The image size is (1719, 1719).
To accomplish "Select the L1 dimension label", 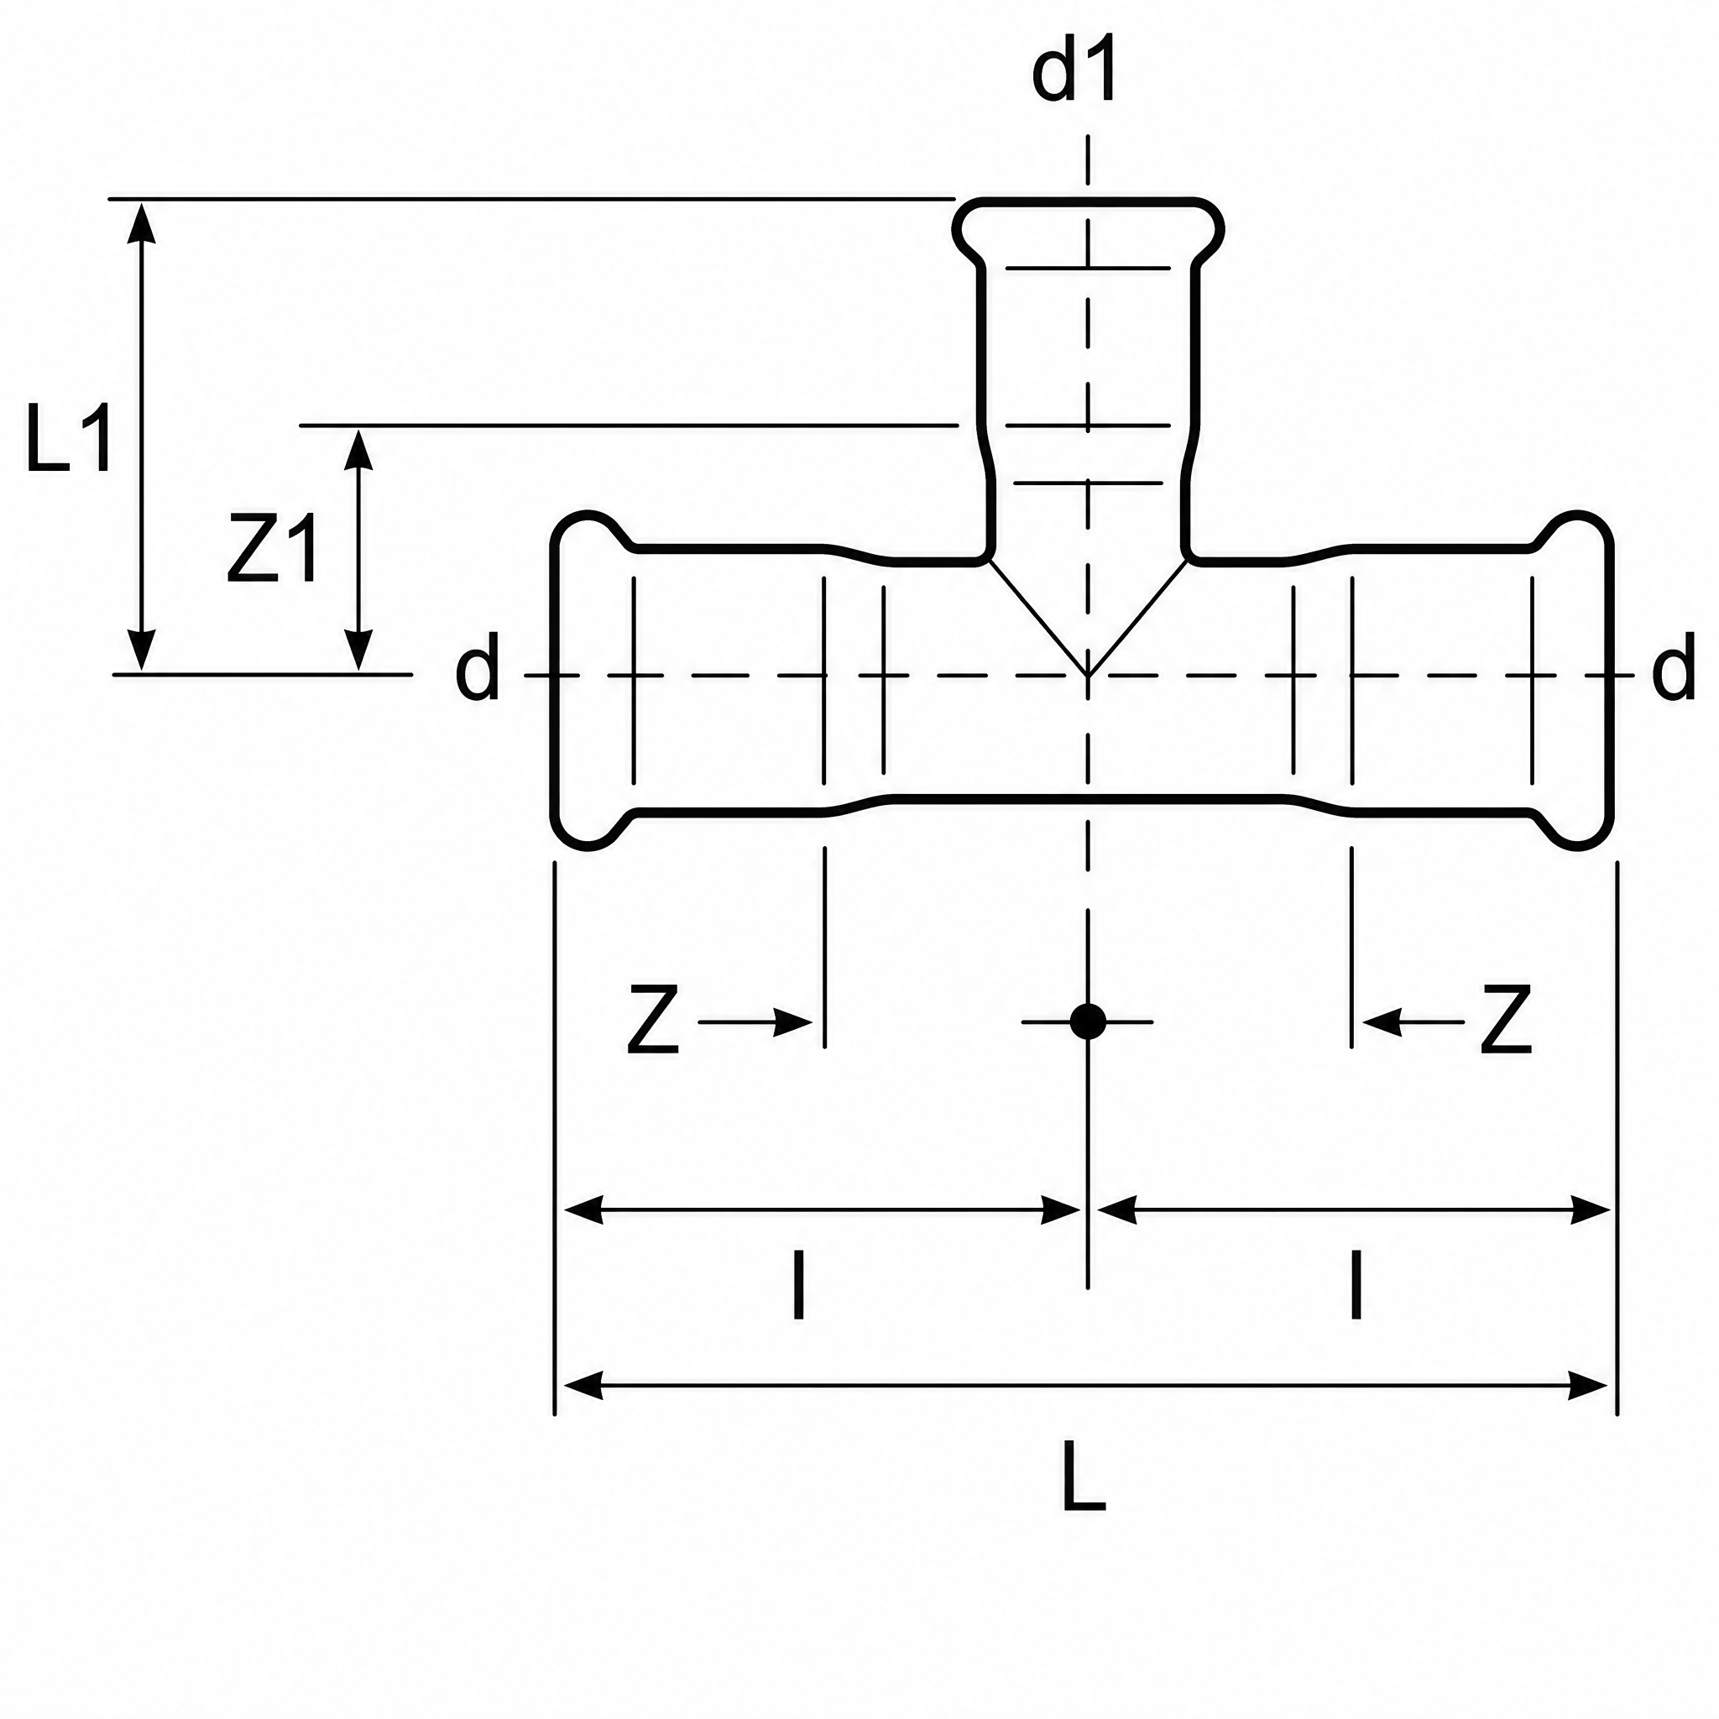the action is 70,438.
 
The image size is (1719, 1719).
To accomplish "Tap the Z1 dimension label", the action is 272,549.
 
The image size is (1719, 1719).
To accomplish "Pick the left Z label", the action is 653,1020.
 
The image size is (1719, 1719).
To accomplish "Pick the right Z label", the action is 1506,1020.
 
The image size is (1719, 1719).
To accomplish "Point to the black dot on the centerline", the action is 1087,1021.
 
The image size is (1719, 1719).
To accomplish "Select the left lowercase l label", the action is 799,1286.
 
